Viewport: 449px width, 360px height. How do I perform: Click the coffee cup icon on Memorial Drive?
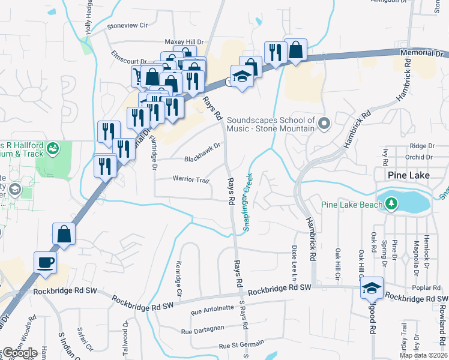pyautogui.click(x=46, y=262)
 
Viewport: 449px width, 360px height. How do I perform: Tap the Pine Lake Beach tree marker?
pyautogui.click(x=391, y=205)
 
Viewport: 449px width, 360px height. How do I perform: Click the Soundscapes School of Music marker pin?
pyautogui.click(x=325, y=124)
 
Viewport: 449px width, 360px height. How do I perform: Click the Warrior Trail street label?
pyautogui.click(x=190, y=179)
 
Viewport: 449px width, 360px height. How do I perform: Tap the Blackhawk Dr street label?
pyautogui.click(x=203, y=159)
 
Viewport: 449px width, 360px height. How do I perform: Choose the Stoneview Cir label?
pyautogui.click(x=127, y=26)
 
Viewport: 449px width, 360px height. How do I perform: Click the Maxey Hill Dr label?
pyautogui.click(x=181, y=41)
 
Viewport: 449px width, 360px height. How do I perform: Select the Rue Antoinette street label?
pyautogui.click(x=212, y=309)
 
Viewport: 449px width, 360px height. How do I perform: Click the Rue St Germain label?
pyautogui.click(x=241, y=345)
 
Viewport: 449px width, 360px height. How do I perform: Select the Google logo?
pyautogui.click(x=20, y=353)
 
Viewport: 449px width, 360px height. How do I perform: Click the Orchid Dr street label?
pyautogui.click(x=418, y=157)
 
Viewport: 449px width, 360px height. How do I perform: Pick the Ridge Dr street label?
pyautogui.click(x=422, y=146)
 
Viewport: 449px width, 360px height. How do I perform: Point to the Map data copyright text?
pyautogui.click(x=423, y=355)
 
